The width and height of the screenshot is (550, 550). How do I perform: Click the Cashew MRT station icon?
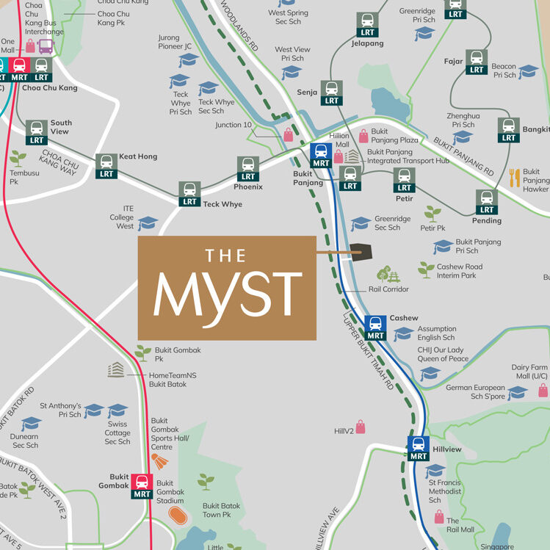(x=375, y=328)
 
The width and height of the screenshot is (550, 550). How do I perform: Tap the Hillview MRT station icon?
(x=419, y=448)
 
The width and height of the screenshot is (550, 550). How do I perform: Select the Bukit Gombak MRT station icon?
(x=142, y=486)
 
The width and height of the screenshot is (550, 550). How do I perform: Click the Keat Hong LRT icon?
(x=106, y=166)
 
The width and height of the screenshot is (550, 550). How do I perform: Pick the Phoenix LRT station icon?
(x=248, y=169)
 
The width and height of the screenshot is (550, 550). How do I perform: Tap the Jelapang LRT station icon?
(x=366, y=25)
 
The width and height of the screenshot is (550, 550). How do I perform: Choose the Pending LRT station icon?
(x=486, y=202)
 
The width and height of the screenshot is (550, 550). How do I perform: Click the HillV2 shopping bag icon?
(x=361, y=426)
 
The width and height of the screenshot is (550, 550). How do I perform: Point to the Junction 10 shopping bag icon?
(x=288, y=134)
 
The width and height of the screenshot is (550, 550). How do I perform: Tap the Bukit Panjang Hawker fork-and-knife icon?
(x=514, y=177)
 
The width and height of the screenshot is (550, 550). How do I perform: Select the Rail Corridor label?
(x=388, y=289)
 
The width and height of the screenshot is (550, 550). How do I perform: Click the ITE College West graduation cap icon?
(x=148, y=222)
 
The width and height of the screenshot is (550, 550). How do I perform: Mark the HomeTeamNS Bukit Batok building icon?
(x=116, y=370)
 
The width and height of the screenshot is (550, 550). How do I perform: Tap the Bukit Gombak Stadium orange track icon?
(x=176, y=513)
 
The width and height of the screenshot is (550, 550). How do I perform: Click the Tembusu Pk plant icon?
(x=18, y=158)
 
